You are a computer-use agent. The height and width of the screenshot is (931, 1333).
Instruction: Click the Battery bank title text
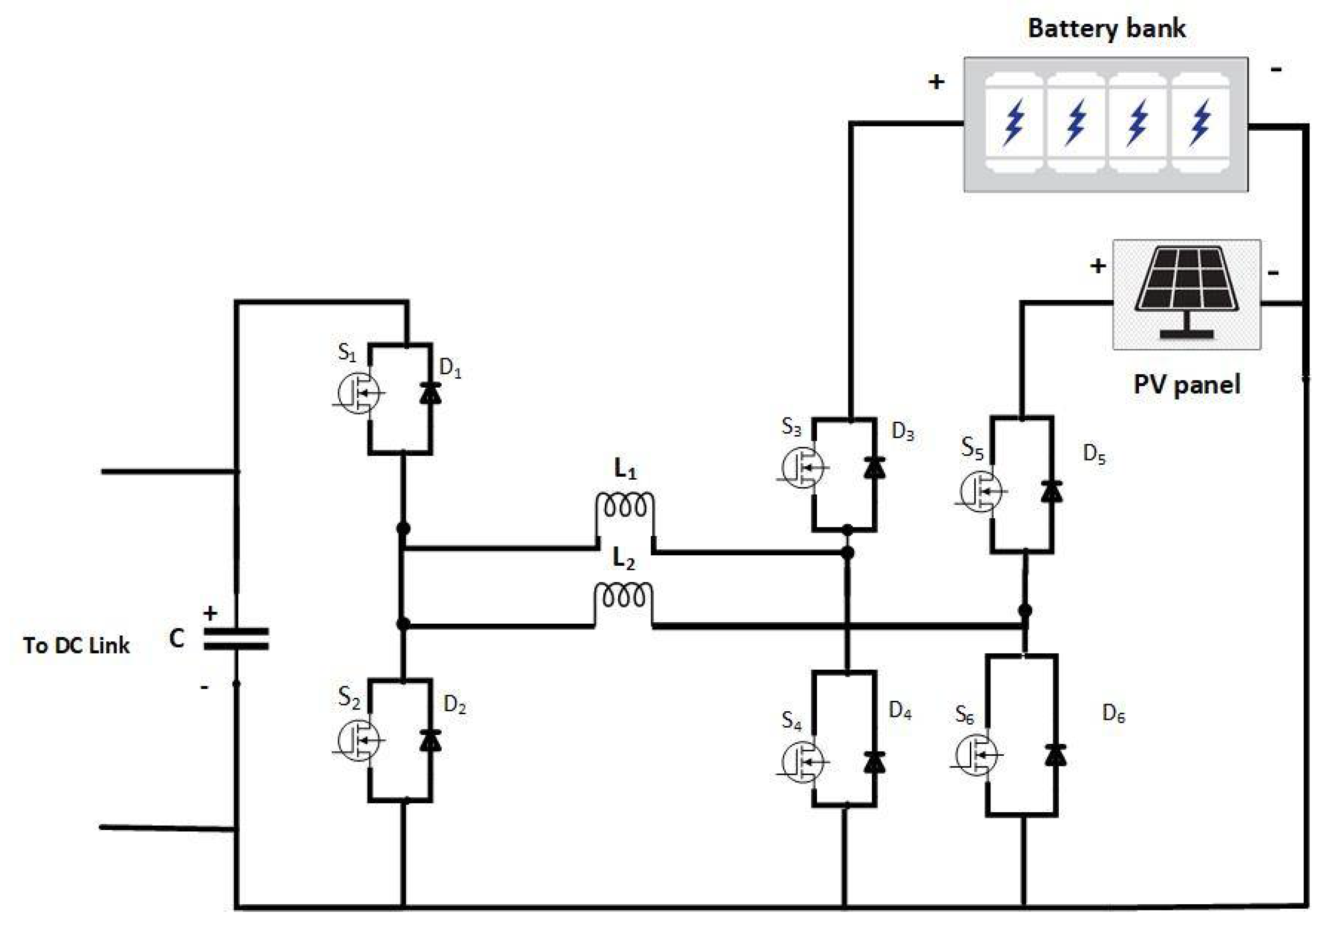click(x=1106, y=28)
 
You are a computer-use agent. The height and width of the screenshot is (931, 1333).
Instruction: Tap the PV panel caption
click(x=1187, y=384)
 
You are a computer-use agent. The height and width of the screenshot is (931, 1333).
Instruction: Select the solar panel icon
click(x=1187, y=293)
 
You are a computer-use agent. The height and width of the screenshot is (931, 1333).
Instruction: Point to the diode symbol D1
click(x=430, y=393)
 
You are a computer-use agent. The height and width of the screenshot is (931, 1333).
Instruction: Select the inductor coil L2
click(x=623, y=596)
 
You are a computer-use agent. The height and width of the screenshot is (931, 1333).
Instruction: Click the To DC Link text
click(x=76, y=645)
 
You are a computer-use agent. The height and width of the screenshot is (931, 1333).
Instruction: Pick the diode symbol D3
click(x=874, y=468)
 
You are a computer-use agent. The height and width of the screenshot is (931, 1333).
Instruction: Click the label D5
click(x=1094, y=454)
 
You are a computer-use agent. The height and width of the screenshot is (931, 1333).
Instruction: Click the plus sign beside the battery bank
click(x=936, y=82)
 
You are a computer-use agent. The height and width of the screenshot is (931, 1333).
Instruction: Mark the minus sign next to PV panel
click(x=1273, y=272)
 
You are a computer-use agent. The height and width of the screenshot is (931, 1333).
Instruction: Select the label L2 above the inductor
click(x=623, y=559)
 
